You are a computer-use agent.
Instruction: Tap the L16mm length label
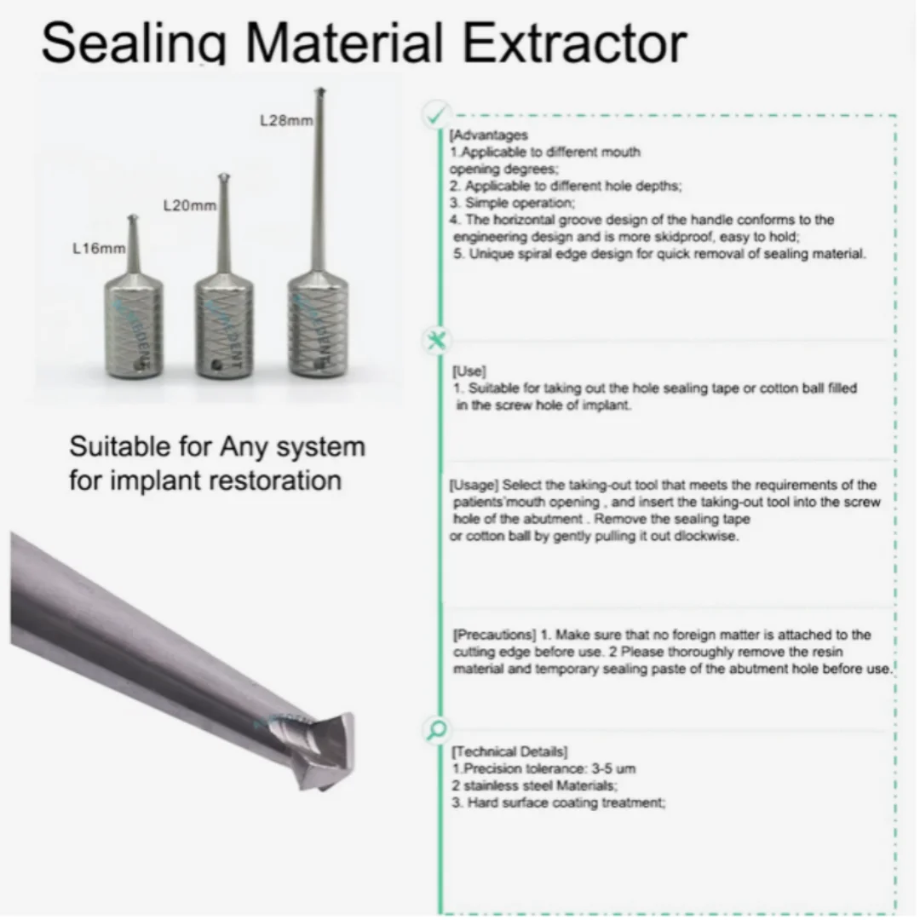(99, 250)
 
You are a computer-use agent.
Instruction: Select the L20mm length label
(189, 206)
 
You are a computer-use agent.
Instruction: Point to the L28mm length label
(285, 121)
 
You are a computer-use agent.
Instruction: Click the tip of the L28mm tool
(320, 91)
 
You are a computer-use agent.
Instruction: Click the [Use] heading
(469, 371)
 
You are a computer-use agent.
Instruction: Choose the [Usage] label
(473, 486)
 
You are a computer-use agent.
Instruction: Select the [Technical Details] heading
(509, 751)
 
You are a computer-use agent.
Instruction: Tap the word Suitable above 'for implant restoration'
(124, 446)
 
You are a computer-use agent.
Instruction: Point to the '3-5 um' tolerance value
(612, 768)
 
